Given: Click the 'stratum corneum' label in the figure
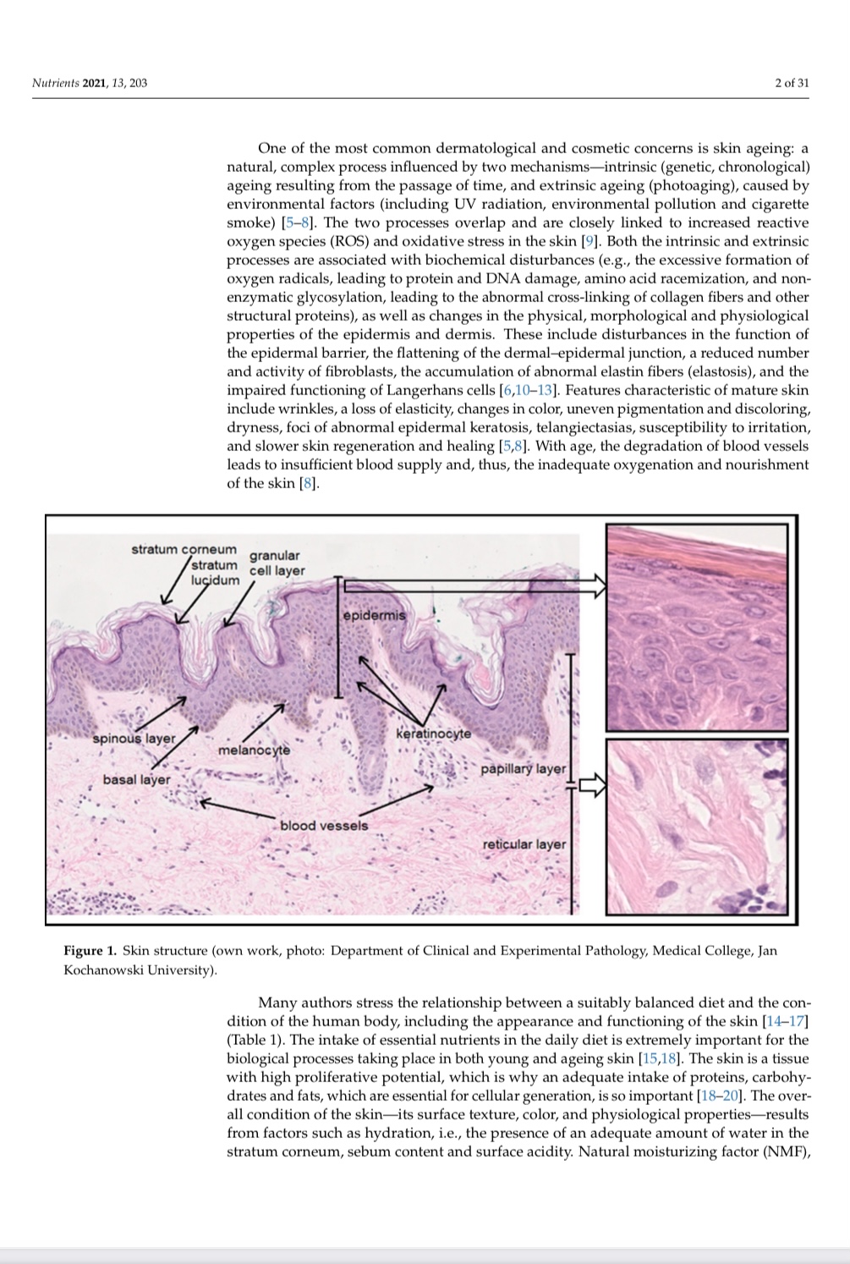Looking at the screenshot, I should (x=184, y=549).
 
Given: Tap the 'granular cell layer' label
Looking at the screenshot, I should (x=277, y=563).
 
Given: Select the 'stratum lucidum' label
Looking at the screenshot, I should (x=215, y=573).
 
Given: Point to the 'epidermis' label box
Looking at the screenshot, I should (x=374, y=615).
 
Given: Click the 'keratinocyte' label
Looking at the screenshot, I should (x=433, y=733).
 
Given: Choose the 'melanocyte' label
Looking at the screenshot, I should (x=254, y=750).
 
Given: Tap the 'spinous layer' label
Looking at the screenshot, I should (x=134, y=738).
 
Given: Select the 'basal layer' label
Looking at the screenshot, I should (x=136, y=779).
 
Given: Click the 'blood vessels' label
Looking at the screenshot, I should (x=324, y=825).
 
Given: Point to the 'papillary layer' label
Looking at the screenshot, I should (x=523, y=769).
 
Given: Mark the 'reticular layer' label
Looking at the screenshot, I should (x=524, y=844).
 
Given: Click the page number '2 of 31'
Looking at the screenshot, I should (x=792, y=83).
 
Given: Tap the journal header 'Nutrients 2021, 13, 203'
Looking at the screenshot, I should (x=89, y=83).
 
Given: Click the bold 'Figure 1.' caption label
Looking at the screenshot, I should (x=90, y=951).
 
